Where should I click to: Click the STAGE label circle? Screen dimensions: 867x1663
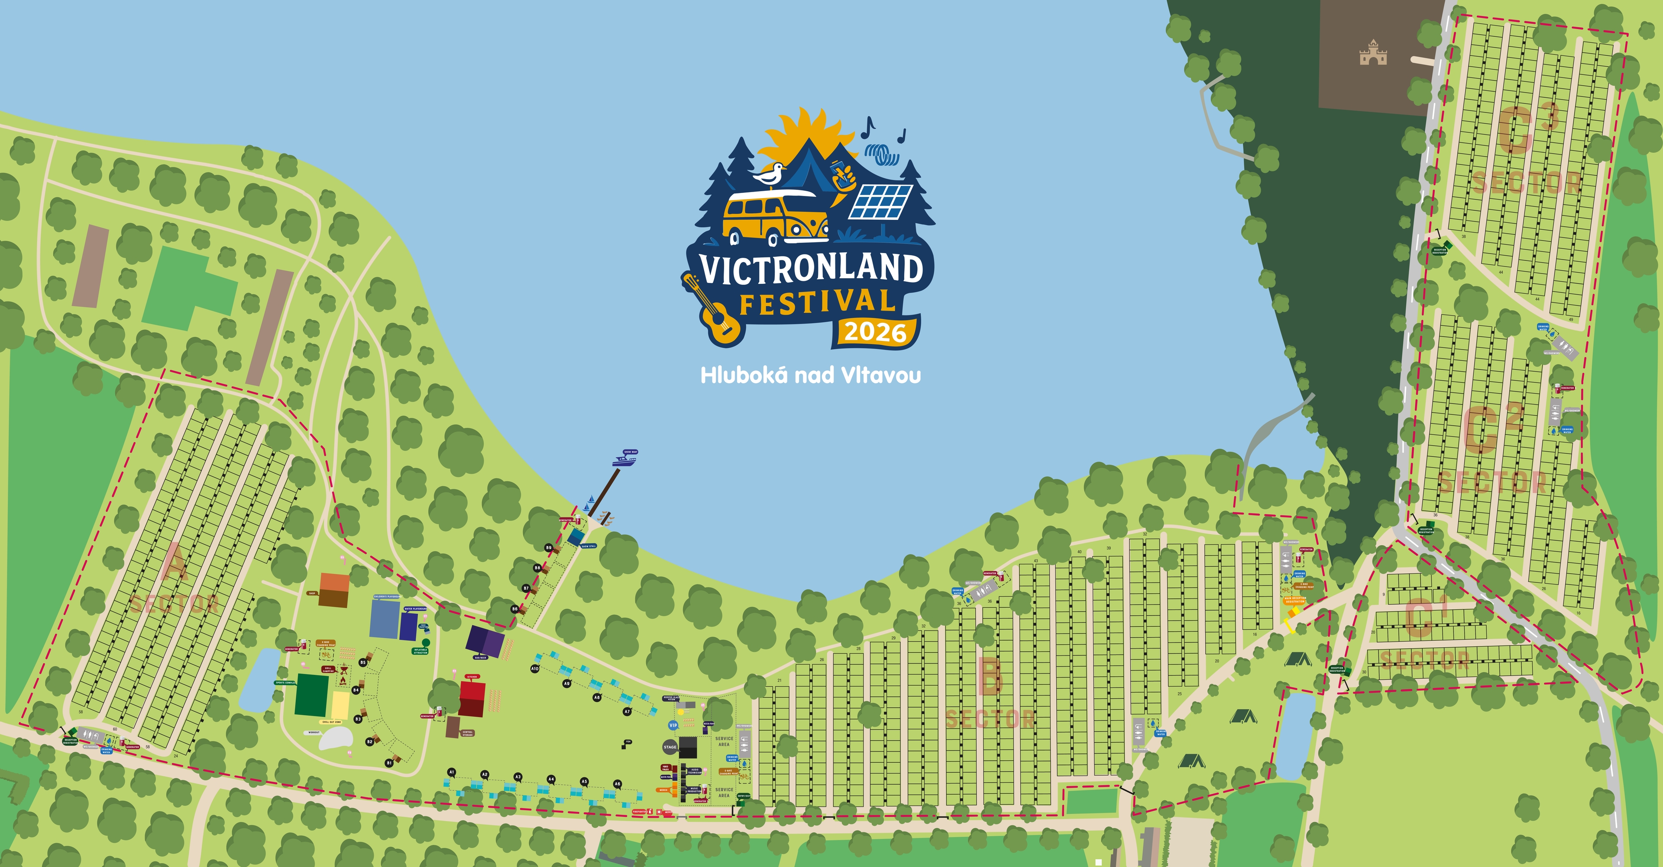pos(670,747)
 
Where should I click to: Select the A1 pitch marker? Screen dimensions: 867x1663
pos(452,772)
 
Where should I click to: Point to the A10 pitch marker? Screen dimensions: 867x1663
pos(534,669)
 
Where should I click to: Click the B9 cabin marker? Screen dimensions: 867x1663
pos(549,548)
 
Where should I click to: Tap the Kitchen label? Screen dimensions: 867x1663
pos(472,677)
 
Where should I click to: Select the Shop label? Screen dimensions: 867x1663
pos(312,593)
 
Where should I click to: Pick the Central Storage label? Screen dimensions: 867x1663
pos(468,733)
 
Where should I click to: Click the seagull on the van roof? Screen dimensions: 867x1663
pos(770,174)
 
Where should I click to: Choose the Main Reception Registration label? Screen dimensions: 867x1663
pos(1295,600)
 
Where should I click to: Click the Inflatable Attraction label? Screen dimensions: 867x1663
pos(420,651)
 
